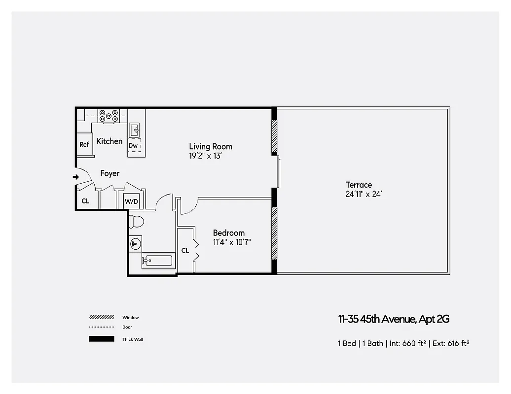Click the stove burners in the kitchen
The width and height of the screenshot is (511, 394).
click(109, 116)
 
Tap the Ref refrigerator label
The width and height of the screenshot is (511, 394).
click(84, 145)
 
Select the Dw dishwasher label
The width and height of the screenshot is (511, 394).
click(133, 146)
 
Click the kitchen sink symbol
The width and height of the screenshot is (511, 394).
click(135, 131)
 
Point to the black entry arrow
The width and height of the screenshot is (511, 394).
click(75, 177)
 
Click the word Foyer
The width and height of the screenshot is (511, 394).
click(109, 174)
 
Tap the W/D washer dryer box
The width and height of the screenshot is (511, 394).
click(131, 201)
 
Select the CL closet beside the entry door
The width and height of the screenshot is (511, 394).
click(85, 201)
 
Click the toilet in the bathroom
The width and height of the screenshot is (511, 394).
click(136, 222)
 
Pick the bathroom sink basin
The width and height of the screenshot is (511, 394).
click(135, 244)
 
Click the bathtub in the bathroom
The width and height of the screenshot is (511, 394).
click(158, 261)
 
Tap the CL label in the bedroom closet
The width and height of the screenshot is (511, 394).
click(185, 251)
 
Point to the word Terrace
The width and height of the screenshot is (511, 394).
click(359, 185)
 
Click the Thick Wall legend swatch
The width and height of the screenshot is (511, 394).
click(102, 339)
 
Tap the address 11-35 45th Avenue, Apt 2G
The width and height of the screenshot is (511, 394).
click(394, 319)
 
